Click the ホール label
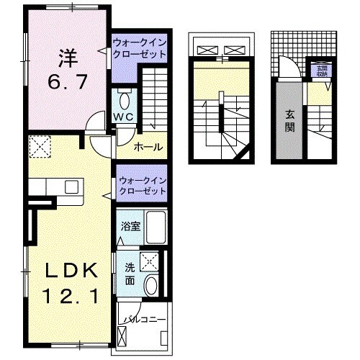point(148,148)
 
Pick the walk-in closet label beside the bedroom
point(141,54)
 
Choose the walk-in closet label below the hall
point(142,185)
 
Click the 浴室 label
point(130,225)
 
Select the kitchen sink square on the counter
point(71,186)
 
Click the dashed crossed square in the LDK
point(39,148)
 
